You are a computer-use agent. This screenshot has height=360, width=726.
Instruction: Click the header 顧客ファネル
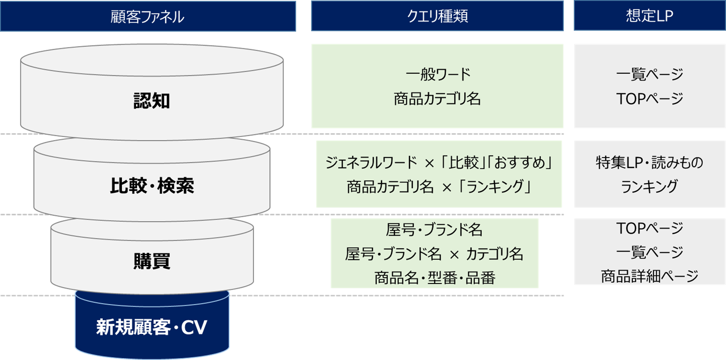[148, 17]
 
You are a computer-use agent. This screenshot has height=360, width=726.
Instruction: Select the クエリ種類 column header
[437, 16]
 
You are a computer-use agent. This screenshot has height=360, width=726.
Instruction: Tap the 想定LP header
[649, 16]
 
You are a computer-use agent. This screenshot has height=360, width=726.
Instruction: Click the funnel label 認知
[152, 101]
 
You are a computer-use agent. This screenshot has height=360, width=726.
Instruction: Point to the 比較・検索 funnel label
[152, 186]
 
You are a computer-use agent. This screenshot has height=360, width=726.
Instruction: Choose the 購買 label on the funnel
[152, 261]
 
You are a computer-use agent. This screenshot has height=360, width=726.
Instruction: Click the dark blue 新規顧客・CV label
[152, 327]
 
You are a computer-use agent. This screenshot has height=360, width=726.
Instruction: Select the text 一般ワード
[438, 74]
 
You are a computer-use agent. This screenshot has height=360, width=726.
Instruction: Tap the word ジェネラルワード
[371, 163]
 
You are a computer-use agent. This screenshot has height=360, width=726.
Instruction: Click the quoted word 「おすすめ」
[523, 163]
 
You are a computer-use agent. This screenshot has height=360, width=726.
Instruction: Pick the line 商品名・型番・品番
[435, 278]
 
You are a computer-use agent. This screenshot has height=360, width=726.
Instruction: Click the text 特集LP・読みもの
[649, 163]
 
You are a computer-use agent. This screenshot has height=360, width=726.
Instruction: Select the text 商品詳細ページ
[649, 277]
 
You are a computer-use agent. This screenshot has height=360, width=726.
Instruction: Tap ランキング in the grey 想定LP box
[649, 187]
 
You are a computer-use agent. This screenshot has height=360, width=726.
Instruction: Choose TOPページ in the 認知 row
[649, 99]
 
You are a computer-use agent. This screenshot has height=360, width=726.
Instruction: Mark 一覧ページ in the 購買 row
[649, 252]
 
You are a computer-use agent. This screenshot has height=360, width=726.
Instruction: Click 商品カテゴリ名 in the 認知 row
[437, 99]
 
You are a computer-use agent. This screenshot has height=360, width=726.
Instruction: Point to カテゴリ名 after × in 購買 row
[494, 254]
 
